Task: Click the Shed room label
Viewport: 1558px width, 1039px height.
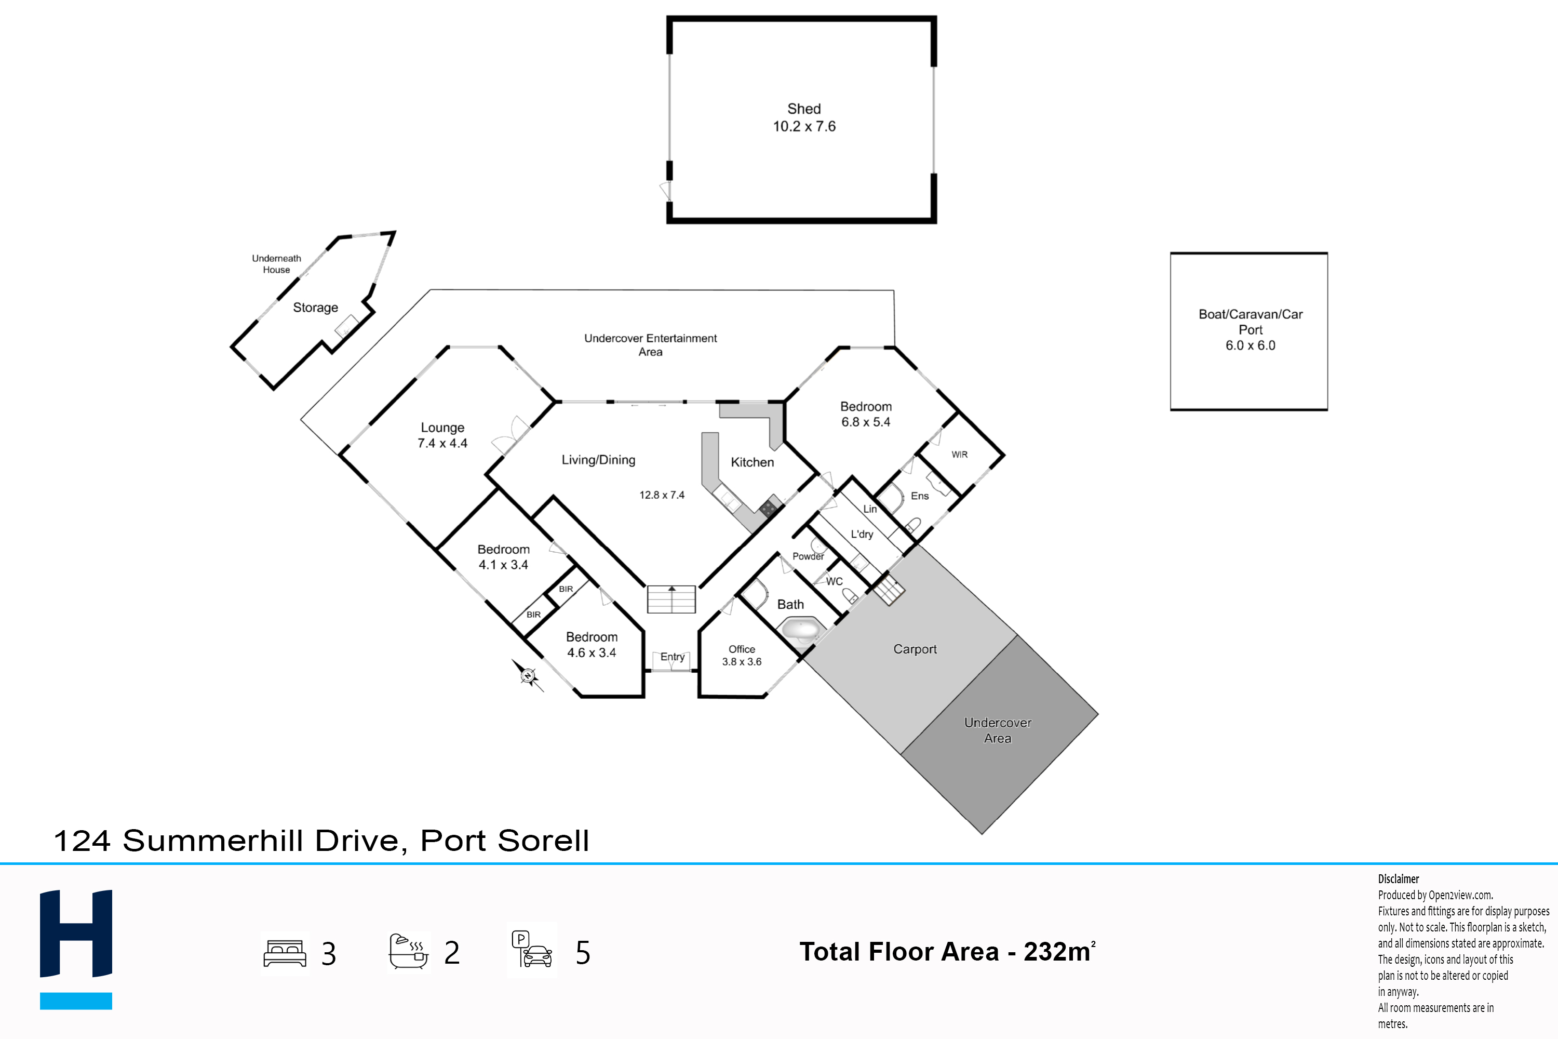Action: (x=804, y=109)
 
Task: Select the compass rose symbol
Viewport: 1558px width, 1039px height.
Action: (x=528, y=676)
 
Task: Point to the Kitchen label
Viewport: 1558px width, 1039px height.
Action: (x=752, y=462)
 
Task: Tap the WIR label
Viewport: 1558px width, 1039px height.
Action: (x=959, y=455)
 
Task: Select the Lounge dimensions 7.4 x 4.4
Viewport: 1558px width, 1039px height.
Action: (x=442, y=443)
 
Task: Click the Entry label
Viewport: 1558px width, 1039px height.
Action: (x=673, y=657)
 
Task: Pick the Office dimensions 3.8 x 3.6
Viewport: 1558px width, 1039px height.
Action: (x=742, y=661)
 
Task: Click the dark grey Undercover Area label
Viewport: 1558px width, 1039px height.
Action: (x=998, y=730)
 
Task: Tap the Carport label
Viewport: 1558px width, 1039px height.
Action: (x=915, y=649)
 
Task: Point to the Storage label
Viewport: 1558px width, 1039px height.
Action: (x=315, y=308)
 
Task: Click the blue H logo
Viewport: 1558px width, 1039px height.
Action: (x=76, y=949)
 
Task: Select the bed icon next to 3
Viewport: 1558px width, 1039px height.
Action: (x=285, y=953)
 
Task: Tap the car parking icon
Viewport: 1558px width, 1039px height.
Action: (x=531, y=949)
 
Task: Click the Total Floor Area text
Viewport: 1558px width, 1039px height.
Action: (x=947, y=952)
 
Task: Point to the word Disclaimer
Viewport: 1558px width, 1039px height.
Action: (x=1399, y=878)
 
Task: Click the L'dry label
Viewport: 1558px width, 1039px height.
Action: (x=862, y=534)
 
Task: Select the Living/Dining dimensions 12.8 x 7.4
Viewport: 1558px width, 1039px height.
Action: (x=662, y=495)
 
